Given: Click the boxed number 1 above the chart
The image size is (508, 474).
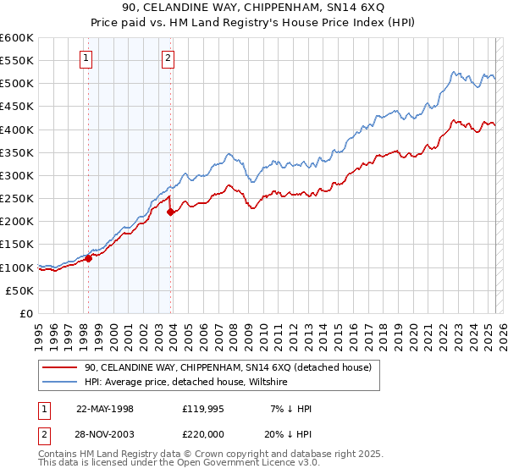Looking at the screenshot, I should (87, 58).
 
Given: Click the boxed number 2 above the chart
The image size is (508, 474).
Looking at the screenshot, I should (168, 58).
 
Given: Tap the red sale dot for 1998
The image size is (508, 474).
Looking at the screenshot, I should (88, 258).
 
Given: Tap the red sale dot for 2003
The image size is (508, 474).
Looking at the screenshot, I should (170, 212).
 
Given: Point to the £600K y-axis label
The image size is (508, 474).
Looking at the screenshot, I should (17, 38).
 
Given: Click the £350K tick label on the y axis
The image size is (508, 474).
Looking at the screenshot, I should (17, 153).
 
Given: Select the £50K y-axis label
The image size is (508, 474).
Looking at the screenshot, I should (19, 290).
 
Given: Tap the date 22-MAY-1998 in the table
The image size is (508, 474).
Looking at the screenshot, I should (105, 409).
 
